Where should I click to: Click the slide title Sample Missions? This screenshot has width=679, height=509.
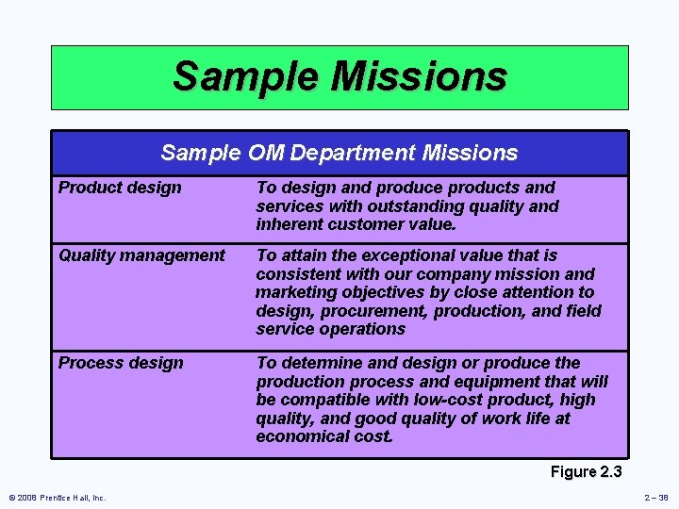pyautogui.click(x=339, y=75)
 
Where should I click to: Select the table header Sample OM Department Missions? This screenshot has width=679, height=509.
pyautogui.click(x=339, y=153)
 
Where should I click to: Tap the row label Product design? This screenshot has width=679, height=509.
pyautogui.click(x=120, y=188)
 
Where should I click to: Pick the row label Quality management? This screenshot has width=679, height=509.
pyautogui.click(x=141, y=255)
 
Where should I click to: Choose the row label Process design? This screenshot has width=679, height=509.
pyautogui.click(x=121, y=363)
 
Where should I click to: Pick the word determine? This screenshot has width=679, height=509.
pyautogui.click(x=321, y=363)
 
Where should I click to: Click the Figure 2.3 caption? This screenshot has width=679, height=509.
pyautogui.click(x=586, y=471)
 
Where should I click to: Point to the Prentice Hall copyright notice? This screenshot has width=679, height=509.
pyautogui.click(x=57, y=498)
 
